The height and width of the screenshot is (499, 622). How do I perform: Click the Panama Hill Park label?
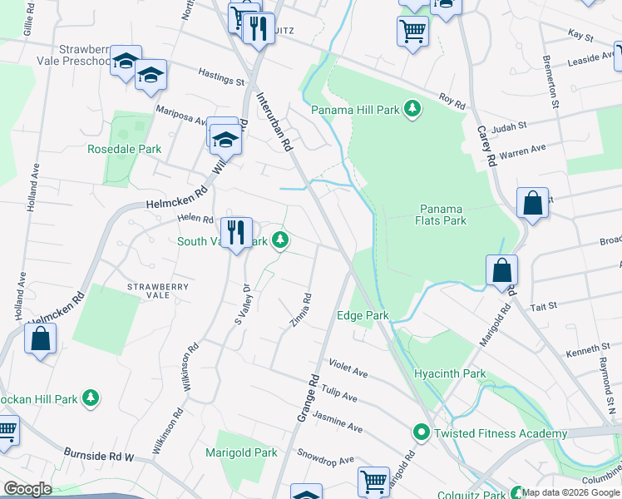[x=355, y=109]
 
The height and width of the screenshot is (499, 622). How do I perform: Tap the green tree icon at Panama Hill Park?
[x=411, y=109]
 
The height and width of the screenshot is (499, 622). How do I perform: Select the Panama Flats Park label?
[x=442, y=215]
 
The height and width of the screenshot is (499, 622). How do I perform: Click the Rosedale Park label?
[x=125, y=150]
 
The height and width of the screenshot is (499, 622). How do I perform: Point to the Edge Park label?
[x=363, y=316]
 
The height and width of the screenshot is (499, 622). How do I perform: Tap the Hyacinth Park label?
[x=450, y=374]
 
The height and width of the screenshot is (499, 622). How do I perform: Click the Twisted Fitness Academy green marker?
[x=422, y=432]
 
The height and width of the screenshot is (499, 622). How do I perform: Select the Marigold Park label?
[x=242, y=453]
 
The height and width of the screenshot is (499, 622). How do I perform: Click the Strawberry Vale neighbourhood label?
[x=159, y=291]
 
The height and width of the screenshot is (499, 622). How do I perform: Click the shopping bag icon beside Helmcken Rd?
[x=40, y=339]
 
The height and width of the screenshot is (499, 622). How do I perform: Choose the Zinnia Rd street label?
[x=300, y=310]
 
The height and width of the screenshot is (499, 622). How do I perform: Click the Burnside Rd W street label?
[x=99, y=456]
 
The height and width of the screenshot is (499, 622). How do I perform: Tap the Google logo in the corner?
[x=27, y=489]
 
